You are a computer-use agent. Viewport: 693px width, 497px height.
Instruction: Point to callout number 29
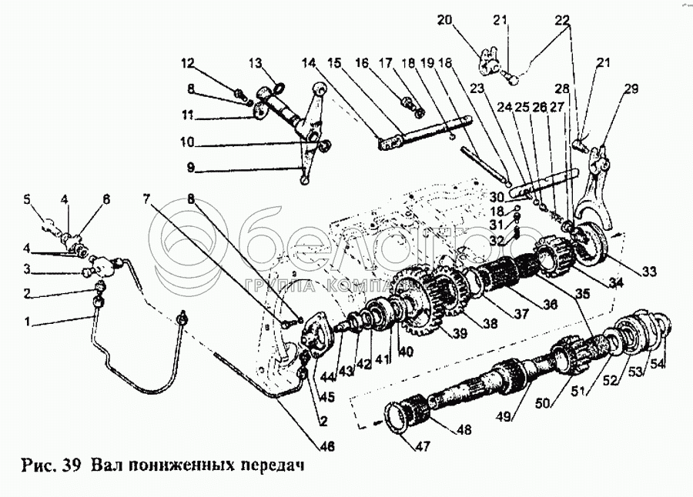[x=631, y=89]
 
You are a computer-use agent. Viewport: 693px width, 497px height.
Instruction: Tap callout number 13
[x=256, y=63]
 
